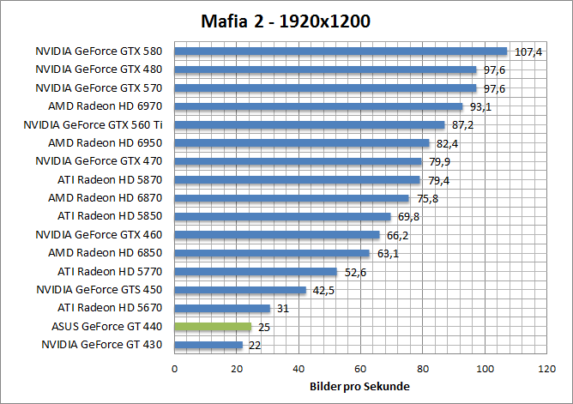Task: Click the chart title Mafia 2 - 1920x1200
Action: pyautogui.click(x=286, y=21)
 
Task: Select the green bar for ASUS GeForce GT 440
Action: pyautogui.click(x=213, y=326)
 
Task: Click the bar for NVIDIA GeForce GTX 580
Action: pyautogui.click(x=341, y=51)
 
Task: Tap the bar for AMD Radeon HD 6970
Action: pyautogui.click(x=318, y=106)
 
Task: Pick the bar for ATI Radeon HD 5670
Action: pyautogui.click(x=222, y=308)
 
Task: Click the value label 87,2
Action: pyautogui.click(x=464, y=124)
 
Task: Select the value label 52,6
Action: pyautogui.click(x=356, y=271)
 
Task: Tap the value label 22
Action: pyautogui.click(x=254, y=345)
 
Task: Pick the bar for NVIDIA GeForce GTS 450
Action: pyautogui.click(x=240, y=289)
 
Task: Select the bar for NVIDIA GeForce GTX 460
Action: pyautogui.click(x=277, y=234)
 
